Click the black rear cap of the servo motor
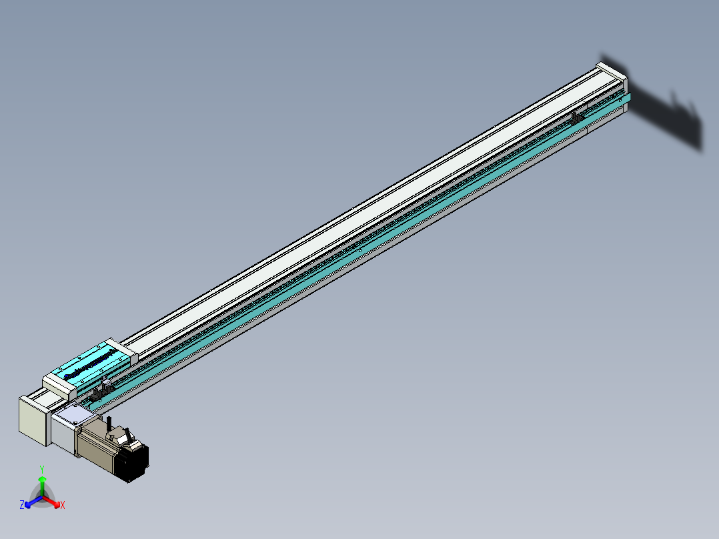[133, 462]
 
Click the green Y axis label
[42, 469]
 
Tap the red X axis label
[63, 506]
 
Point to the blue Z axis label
[22, 505]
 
